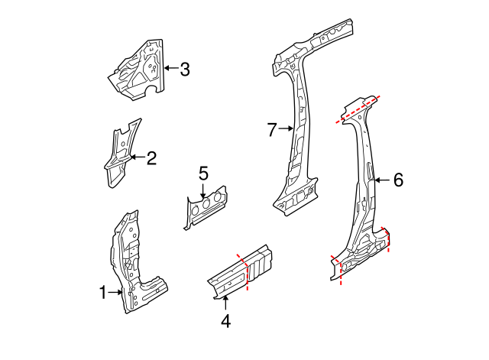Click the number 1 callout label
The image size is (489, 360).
(104, 291)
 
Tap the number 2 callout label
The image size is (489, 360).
(151, 158)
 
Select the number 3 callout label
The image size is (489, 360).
(184, 70)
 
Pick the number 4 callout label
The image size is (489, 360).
(225, 321)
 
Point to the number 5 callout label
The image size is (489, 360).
(203, 174)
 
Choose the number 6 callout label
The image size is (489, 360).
(397, 180)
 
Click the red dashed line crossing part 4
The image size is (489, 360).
(245, 271)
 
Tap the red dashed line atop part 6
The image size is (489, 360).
(357, 109)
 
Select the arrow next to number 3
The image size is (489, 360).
(170, 70)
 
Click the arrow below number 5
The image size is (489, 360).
(204, 190)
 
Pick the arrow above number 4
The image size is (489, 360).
(225, 304)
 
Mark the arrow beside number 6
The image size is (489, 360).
(382, 180)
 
